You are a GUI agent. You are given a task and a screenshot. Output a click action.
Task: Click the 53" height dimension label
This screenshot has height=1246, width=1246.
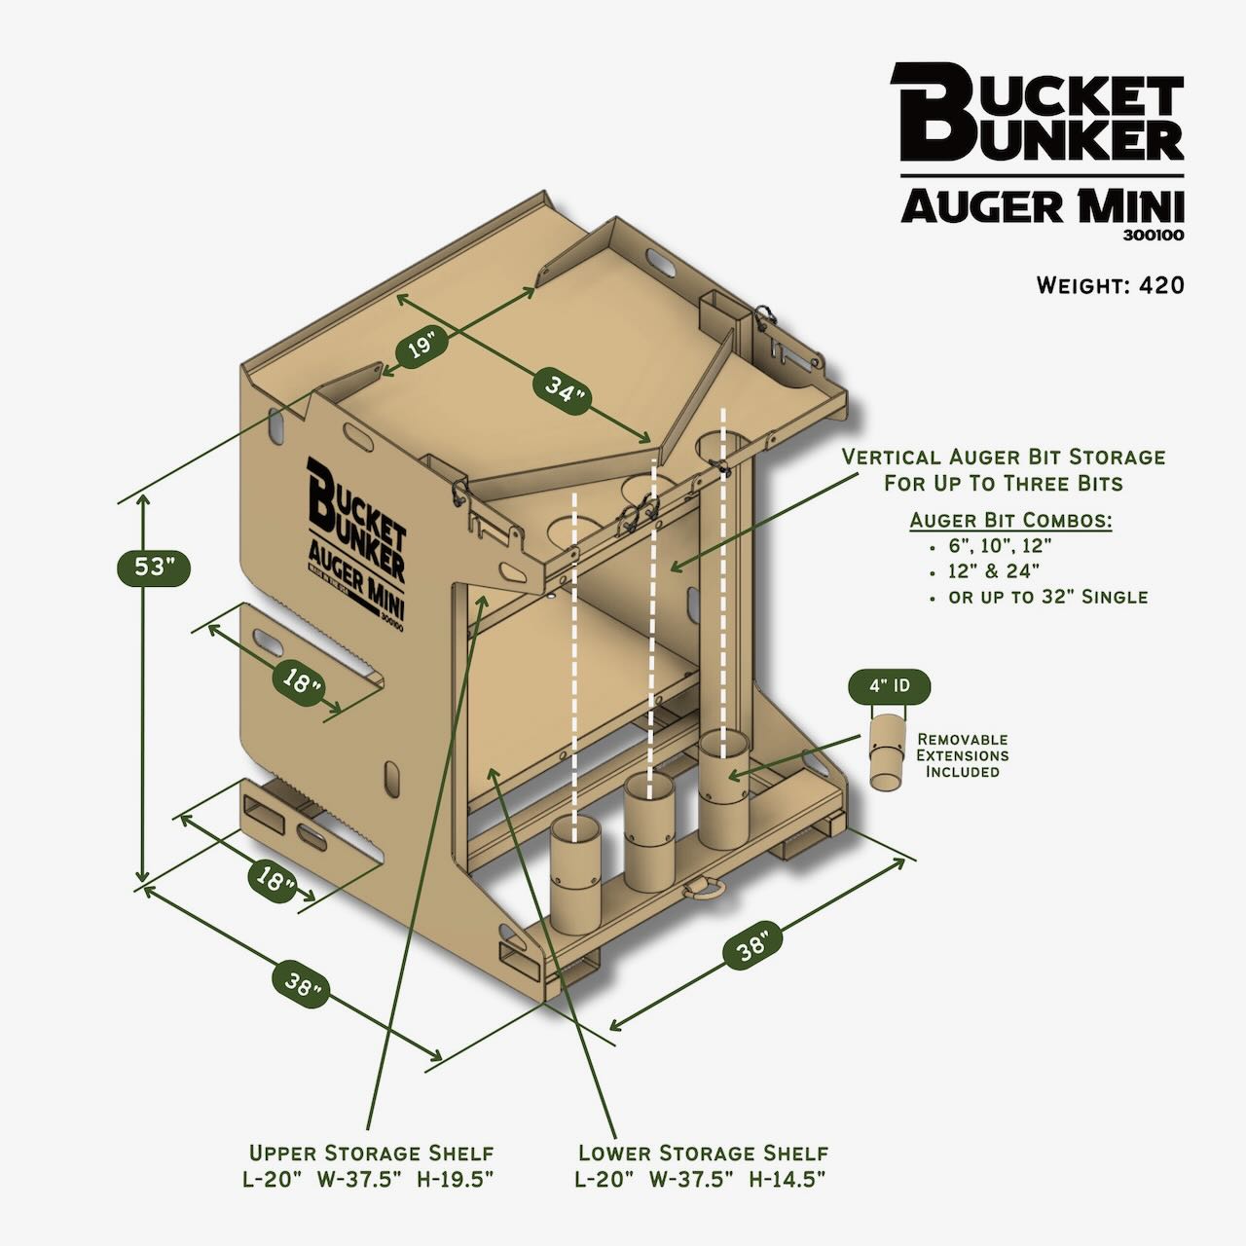[x=152, y=567]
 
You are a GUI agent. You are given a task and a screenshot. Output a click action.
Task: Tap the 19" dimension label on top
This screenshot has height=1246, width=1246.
[x=420, y=348]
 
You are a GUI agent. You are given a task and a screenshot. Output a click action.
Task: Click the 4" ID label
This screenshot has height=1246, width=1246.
[x=890, y=686]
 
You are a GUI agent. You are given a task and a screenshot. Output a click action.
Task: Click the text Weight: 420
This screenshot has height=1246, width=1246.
[x=1110, y=285]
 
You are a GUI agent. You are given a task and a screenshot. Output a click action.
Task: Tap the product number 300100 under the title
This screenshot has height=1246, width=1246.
[x=1158, y=235]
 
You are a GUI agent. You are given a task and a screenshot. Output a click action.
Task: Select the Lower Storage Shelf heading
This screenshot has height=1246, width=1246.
[x=703, y=1154]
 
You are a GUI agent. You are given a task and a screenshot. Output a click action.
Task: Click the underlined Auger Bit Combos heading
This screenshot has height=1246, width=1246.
[x=1010, y=521]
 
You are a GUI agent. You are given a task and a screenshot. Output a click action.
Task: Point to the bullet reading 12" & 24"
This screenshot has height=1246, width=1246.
[x=993, y=570]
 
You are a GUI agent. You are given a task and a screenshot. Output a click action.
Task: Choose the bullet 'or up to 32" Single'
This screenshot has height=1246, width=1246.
[x=1047, y=596]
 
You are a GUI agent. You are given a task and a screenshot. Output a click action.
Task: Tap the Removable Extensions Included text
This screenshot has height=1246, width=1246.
[x=963, y=755]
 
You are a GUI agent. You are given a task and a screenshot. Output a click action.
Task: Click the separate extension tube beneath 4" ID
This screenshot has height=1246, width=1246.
[x=887, y=751]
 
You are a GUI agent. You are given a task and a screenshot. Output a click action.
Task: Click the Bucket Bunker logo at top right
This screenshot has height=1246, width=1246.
[x=1038, y=112]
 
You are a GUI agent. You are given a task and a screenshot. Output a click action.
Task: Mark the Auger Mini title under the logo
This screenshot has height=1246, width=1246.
[x=1042, y=206]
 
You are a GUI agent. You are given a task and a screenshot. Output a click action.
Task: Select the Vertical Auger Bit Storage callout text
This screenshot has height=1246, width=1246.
[x=1003, y=469]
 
